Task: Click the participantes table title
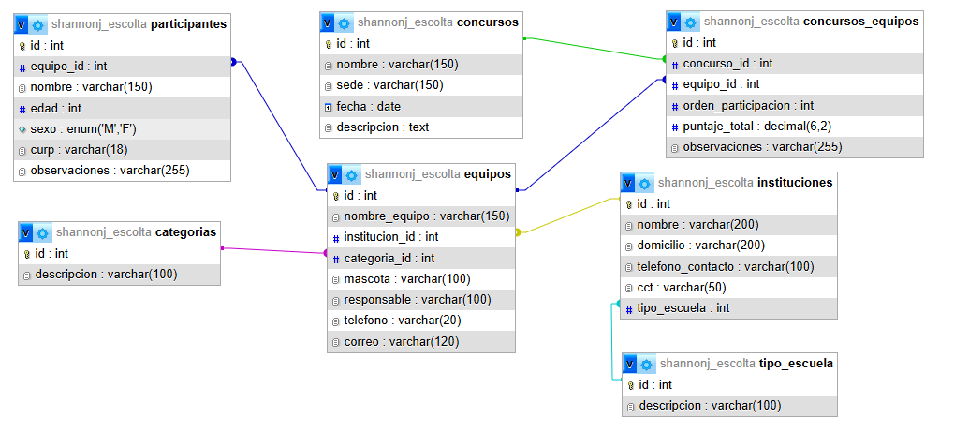click(188, 24)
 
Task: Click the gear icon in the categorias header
click(43, 233)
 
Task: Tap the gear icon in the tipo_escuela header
click(646, 364)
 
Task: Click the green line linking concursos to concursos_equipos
click(595, 49)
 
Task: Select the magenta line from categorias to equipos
click(273, 250)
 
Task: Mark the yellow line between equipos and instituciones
click(568, 216)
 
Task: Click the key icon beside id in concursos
click(329, 43)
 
